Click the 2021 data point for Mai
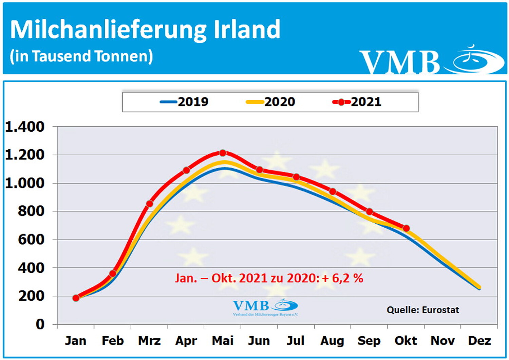[223, 153]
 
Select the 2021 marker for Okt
[406, 228]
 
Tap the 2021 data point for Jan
[76, 298]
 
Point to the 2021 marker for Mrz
[150, 204]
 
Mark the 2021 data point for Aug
[333, 192]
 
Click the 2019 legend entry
[185, 102]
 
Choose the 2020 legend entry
[270, 102]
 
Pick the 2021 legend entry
[357, 102]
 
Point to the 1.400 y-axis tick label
[25, 127]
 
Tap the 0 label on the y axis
[40, 324]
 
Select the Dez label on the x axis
[479, 341]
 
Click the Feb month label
[113, 341]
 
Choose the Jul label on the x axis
[296, 341]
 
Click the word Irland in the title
[247, 30]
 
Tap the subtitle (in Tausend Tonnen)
[81, 56]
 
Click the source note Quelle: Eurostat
[423, 310]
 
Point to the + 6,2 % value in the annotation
[343, 278]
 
